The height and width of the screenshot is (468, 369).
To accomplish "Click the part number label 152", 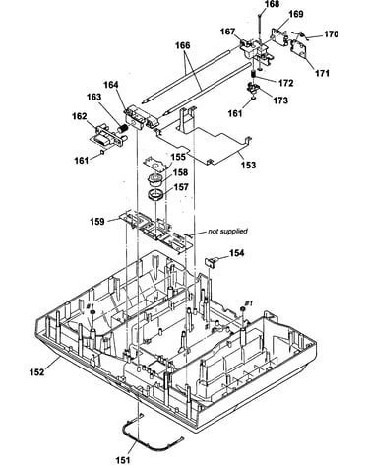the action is [36, 371].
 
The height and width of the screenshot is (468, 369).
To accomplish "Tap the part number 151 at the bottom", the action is [123, 460].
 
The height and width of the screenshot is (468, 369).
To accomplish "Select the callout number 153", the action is [248, 165].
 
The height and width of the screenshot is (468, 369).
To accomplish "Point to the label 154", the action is [236, 253].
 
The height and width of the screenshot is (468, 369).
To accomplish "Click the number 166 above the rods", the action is [183, 45].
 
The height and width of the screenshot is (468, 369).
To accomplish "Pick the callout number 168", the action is [272, 4].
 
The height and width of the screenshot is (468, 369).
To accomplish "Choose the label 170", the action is [331, 34].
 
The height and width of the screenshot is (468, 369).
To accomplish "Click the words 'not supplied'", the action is [227, 232].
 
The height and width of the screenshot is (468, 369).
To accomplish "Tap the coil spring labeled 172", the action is [253, 75].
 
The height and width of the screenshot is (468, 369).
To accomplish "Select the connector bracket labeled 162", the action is [107, 136].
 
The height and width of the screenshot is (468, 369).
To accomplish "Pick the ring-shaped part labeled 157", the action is [155, 194].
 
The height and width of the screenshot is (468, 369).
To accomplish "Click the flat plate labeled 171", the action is [298, 48].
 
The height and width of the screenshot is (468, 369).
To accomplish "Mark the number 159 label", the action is [97, 221].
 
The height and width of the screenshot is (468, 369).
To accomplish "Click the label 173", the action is [280, 100].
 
